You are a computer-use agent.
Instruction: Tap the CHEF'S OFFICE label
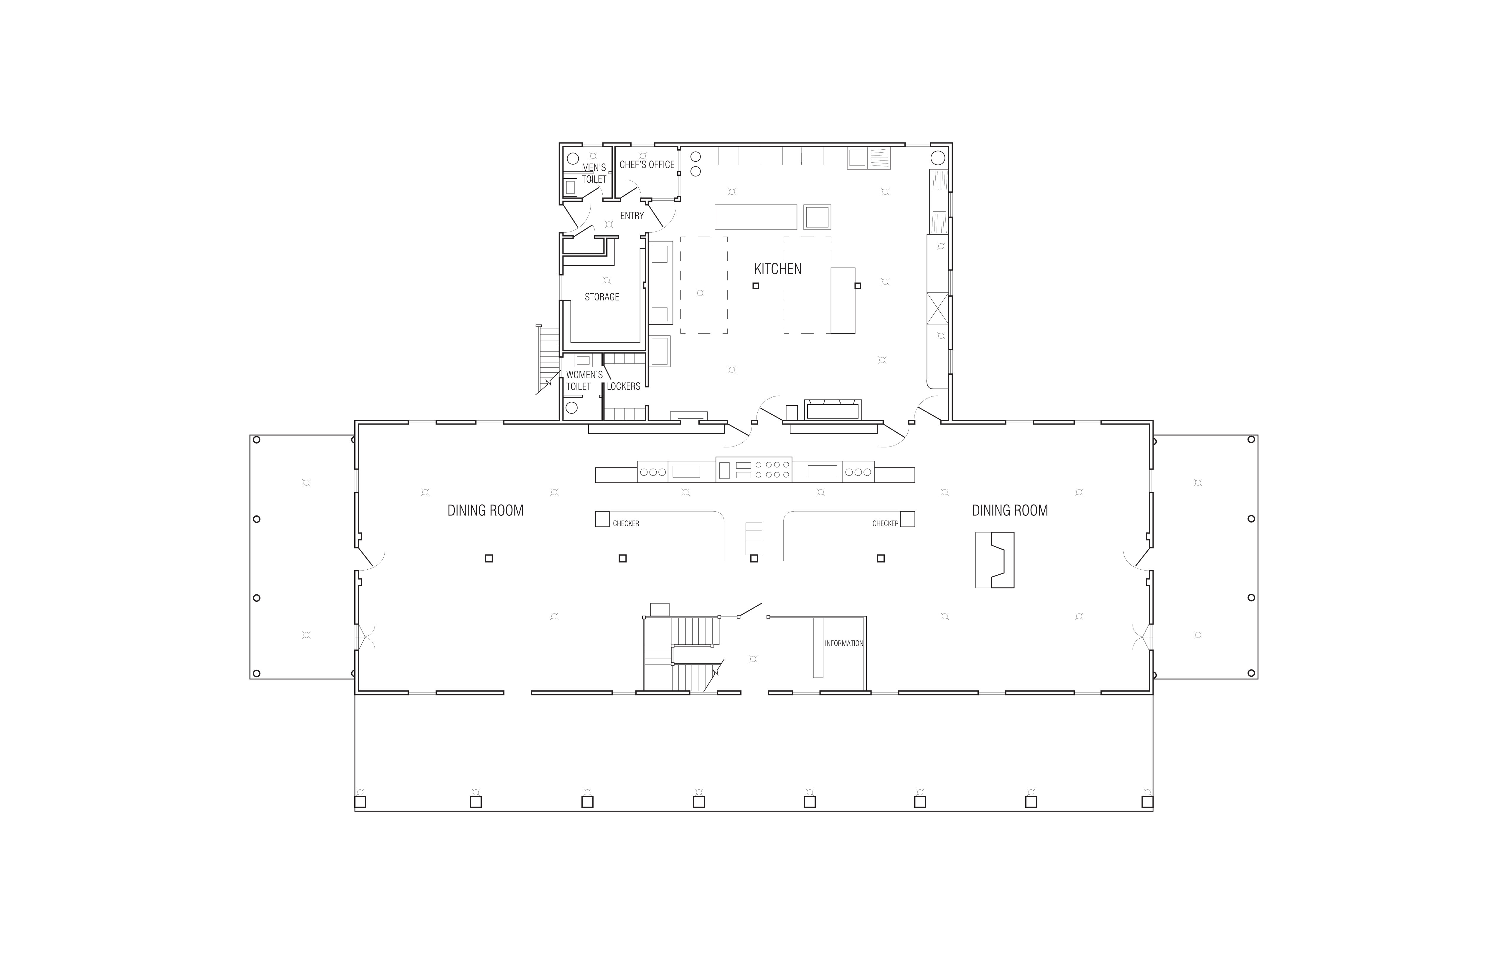click(x=647, y=165)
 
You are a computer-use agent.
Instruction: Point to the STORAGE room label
click(x=602, y=297)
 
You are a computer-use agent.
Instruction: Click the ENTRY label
click(x=632, y=216)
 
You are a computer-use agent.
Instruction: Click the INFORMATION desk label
click(x=844, y=643)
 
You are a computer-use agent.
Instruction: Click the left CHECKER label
click(x=626, y=523)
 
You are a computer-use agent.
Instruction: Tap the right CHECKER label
click(x=885, y=523)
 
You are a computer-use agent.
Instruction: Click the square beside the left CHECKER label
click(x=602, y=519)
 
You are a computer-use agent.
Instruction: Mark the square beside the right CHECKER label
click(x=907, y=519)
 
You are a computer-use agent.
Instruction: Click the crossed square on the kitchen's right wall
click(x=938, y=308)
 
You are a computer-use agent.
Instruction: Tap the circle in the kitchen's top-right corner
click(x=938, y=157)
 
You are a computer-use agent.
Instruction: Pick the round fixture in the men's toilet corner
click(x=573, y=158)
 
